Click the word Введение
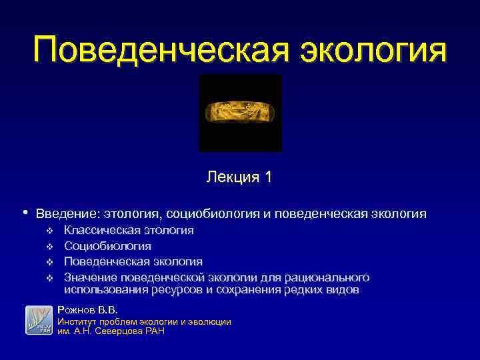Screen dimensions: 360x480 coord(65,214)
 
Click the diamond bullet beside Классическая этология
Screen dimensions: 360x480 coord(49,231)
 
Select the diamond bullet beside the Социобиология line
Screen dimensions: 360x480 coord(49,247)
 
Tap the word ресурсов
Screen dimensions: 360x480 coord(177,290)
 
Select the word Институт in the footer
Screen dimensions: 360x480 coord(78,321)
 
